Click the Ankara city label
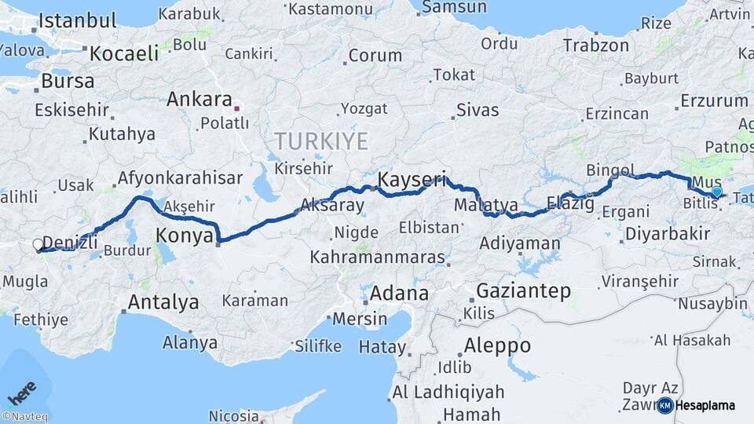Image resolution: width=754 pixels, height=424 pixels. tap(199, 100)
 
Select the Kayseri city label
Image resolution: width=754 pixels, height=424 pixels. tap(412, 180)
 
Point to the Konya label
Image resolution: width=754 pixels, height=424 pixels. tap(185, 235)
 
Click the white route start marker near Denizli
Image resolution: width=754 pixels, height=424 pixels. tap(38, 245)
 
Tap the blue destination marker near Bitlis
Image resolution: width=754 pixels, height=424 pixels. tap(716, 192)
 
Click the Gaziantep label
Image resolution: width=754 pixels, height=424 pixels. tap(523, 291)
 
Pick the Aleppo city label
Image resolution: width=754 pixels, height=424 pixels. tap(497, 345)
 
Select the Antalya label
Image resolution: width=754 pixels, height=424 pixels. tap(163, 302)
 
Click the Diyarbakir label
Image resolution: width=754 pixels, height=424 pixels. tap(668, 234)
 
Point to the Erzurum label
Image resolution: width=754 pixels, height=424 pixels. tap(714, 101)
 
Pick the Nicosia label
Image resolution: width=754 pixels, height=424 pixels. tap(234, 415)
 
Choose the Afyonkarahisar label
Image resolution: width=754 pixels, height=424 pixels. tap(180, 178)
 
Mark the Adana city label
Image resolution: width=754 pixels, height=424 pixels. tap(399, 294)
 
